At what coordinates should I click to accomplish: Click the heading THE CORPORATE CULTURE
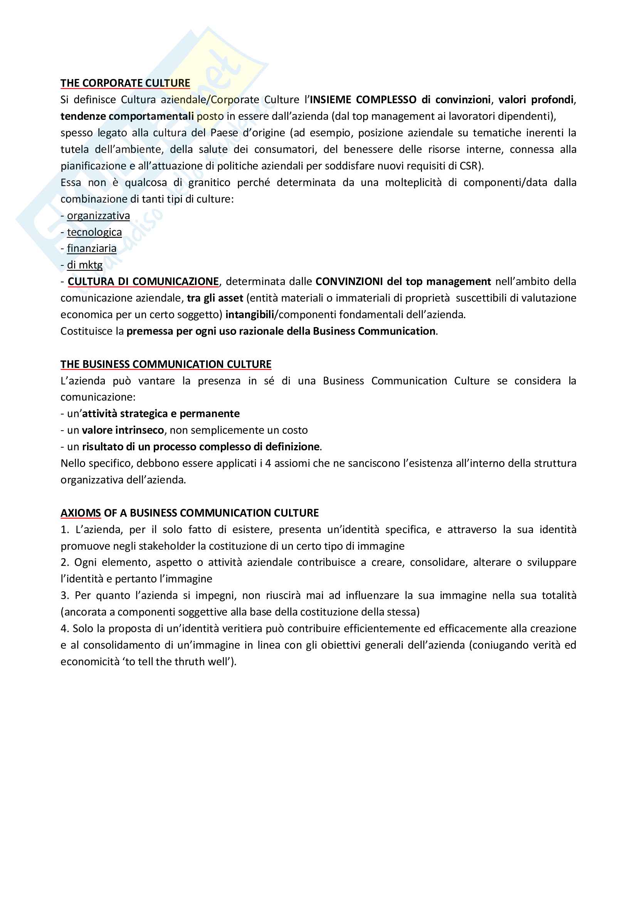[x=125, y=83]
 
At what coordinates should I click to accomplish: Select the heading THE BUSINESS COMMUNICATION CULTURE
[x=166, y=364]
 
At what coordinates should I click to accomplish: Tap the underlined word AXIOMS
[x=81, y=513]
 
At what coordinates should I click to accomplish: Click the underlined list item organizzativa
[x=98, y=215]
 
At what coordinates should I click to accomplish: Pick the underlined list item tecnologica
[x=94, y=232]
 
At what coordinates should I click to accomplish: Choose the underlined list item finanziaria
[x=91, y=248]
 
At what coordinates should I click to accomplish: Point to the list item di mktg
[x=84, y=265]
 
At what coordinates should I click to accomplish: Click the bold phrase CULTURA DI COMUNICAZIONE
[x=143, y=281]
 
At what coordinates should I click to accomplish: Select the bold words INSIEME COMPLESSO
[x=363, y=100]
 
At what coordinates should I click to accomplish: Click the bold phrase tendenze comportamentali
[x=127, y=116]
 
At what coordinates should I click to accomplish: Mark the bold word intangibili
[x=250, y=315]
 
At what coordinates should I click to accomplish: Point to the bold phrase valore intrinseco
[x=123, y=430]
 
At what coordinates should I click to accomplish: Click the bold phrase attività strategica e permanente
[x=161, y=414]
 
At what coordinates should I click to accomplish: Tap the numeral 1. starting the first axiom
[x=65, y=530]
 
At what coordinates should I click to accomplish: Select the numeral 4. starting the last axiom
[x=65, y=629]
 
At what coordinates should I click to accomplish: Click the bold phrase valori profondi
[x=536, y=100]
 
